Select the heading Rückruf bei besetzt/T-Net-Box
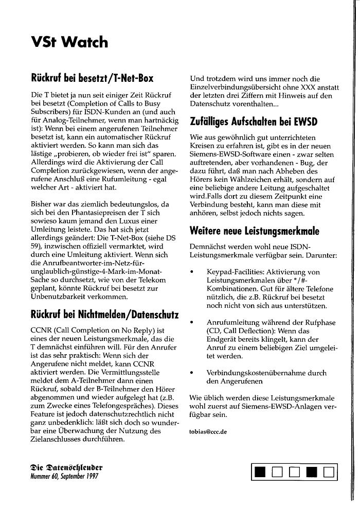coord(92,78)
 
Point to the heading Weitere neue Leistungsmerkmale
coord(254,230)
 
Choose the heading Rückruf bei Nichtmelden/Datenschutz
coord(105,315)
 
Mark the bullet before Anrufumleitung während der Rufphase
coord(192,322)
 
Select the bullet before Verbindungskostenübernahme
coord(192,372)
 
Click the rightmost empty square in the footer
coord(329,471)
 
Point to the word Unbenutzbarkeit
coord(61,297)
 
